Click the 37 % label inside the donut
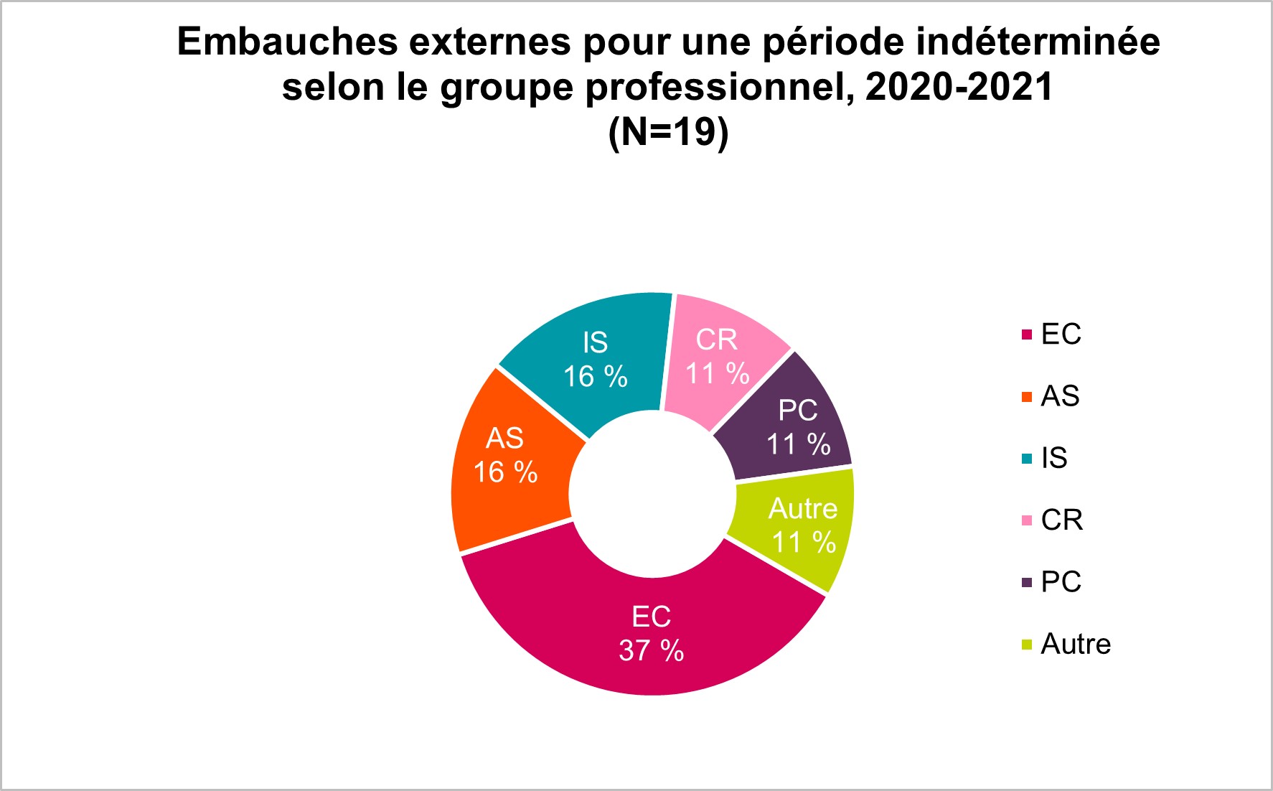[x=652, y=651]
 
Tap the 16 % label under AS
[x=505, y=472]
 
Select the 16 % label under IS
[x=596, y=377]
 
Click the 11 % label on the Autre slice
[x=804, y=543]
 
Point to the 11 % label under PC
[x=799, y=444]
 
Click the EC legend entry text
[x=1061, y=334]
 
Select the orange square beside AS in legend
[x=1027, y=396]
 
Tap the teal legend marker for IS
[x=1027, y=458]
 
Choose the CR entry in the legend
[x=1062, y=520]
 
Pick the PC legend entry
[x=1061, y=581]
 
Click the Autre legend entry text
[x=1076, y=644]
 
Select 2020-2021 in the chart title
[x=959, y=87]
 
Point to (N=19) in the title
[x=669, y=132]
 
